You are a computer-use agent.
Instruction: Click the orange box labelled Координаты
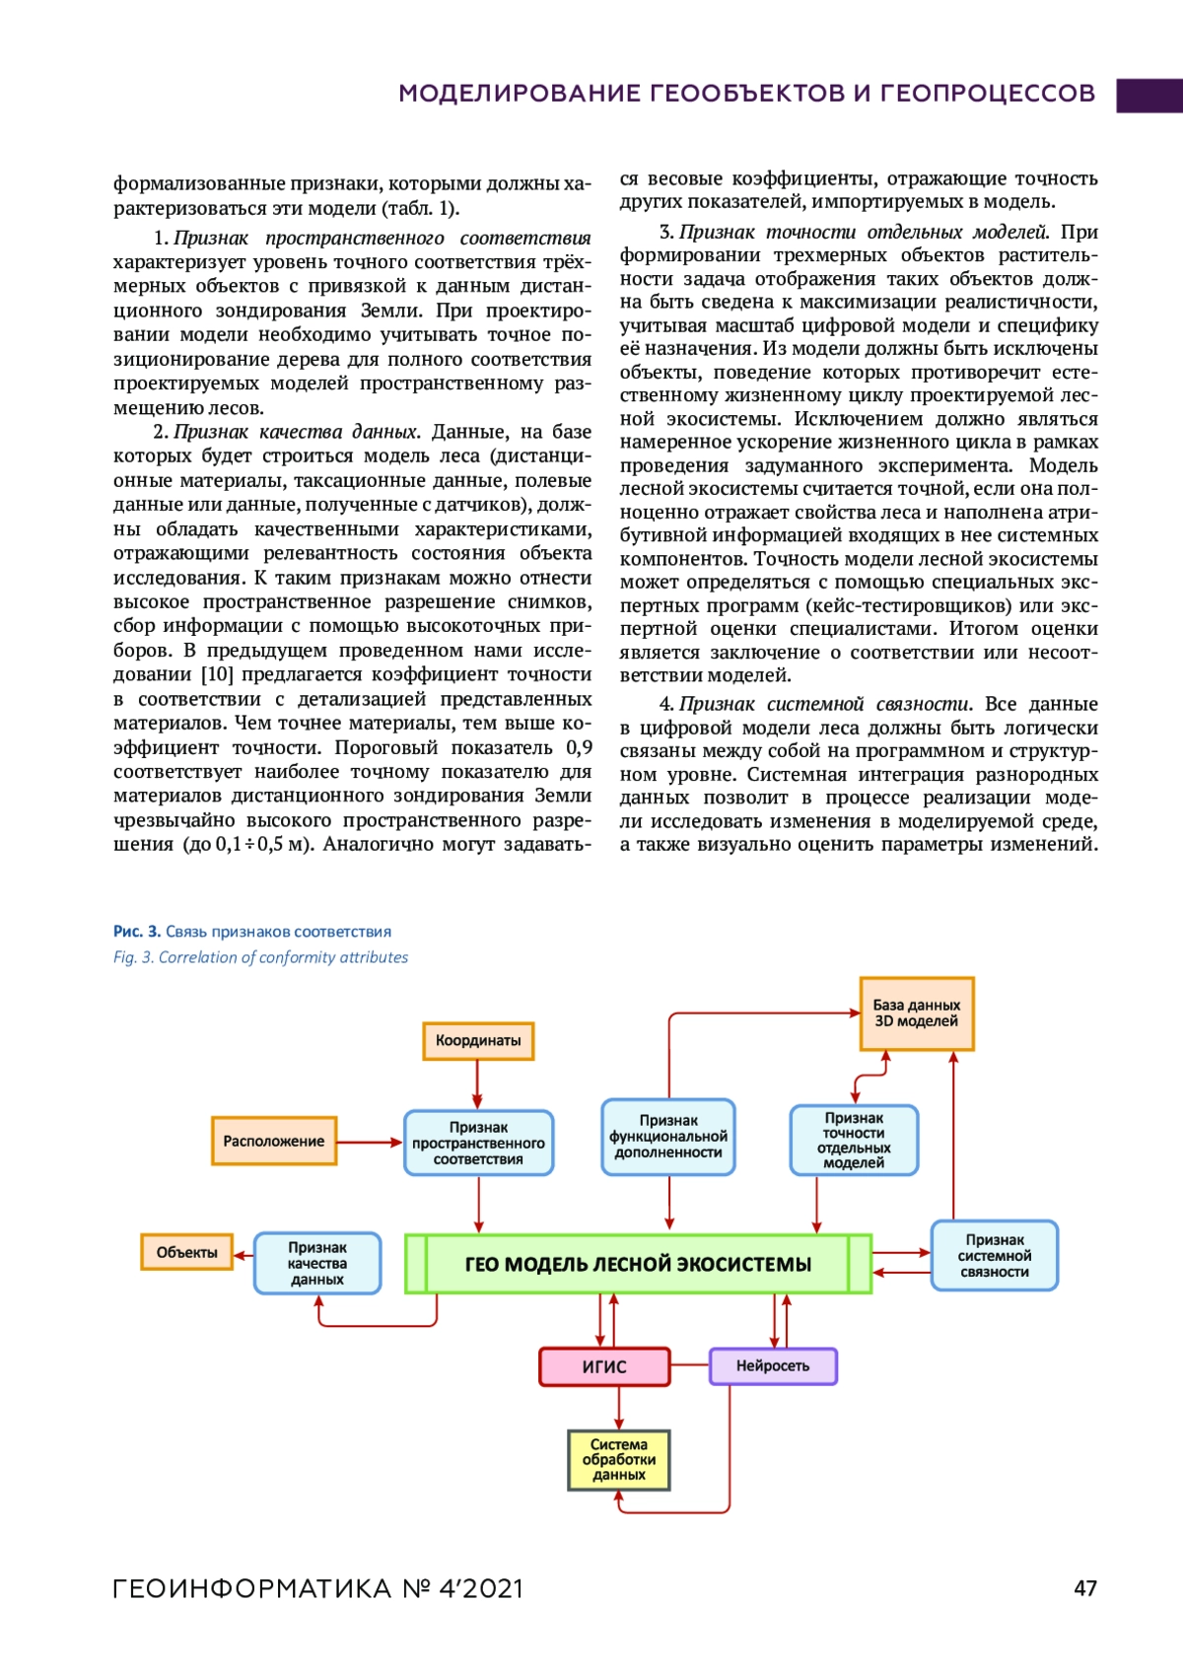tap(478, 1041)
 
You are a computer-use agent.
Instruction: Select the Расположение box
tap(274, 1142)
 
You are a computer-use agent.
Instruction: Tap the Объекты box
tap(186, 1252)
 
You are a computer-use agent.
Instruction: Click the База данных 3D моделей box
tap(917, 1013)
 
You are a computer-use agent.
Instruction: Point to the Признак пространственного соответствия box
tap(478, 1144)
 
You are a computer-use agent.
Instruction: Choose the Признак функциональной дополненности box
tap(668, 1137)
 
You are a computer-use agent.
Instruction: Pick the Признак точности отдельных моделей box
tap(854, 1140)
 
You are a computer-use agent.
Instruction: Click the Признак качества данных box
tap(317, 1263)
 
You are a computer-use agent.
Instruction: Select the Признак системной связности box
tap(994, 1256)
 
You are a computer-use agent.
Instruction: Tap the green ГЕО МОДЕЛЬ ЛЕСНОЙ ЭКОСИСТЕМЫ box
tap(638, 1264)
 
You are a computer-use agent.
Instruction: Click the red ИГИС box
tap(604, 1366)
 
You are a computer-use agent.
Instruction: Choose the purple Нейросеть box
tap(773, 1366)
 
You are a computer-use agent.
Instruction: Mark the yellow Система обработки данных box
tap(619, 1460)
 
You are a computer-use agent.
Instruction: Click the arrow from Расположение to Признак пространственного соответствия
tap(370, 1143)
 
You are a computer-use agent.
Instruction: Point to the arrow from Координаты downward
tap(478, 1084)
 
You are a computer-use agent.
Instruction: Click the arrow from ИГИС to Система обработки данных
tap(619, 1408)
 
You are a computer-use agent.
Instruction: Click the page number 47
tap(1085, 1588)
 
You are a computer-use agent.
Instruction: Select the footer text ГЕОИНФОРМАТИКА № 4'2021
tap(317, 1589)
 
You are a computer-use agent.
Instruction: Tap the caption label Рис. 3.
tap(137, 932)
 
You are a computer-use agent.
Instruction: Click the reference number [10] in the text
tap(217, 675)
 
